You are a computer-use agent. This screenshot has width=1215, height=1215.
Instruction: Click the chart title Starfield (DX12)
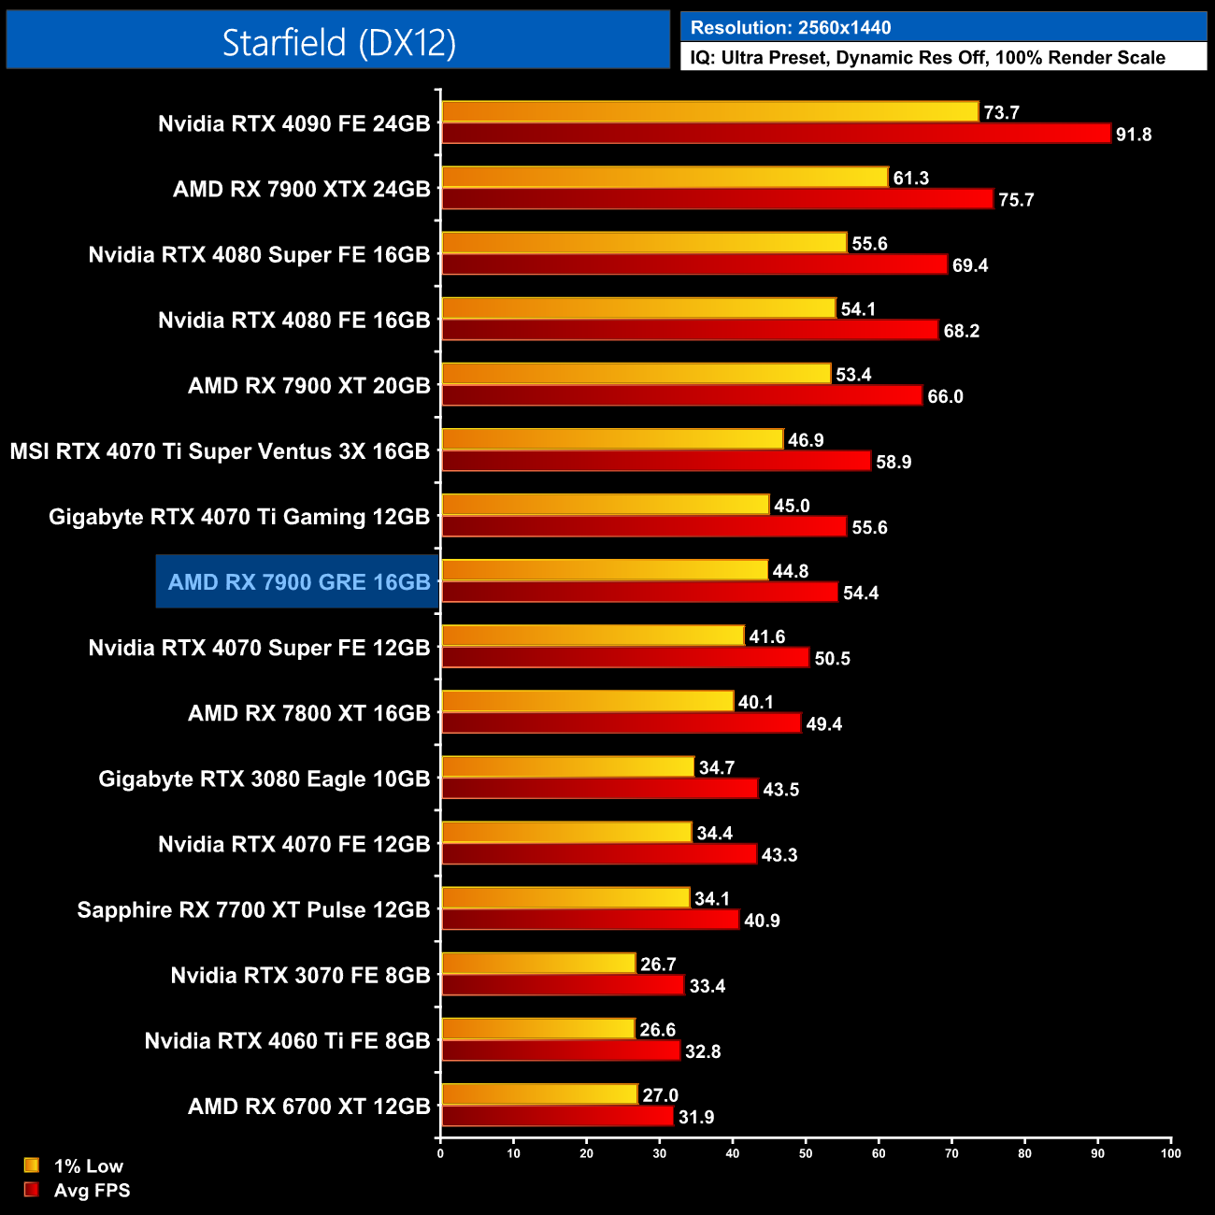click(338, 42)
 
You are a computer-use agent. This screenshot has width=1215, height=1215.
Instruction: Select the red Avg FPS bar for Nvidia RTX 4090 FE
click(776, 134)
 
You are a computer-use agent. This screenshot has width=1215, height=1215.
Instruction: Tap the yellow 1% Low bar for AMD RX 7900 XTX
click(664, 178)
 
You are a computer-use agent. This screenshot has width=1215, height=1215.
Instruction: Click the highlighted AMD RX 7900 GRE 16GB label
click(299, 582)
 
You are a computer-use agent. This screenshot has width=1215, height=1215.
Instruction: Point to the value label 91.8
click(1133, 135)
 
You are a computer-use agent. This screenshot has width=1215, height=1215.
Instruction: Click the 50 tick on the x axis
click(806, 1153)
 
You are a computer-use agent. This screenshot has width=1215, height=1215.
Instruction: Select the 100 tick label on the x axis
click(1170, 1153)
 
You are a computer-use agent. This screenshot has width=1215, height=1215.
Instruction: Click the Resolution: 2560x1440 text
click(791, 28)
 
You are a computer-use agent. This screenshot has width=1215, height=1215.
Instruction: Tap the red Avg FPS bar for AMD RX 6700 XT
click(557, 1117)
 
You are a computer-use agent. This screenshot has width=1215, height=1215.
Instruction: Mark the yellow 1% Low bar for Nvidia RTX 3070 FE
click(538, 964)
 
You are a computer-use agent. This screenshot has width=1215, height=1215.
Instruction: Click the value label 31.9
click(695, 1118)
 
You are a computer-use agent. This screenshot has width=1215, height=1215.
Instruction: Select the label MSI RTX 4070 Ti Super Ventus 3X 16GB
click(220, 451)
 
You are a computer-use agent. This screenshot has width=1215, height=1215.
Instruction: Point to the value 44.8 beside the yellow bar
click(790, 571)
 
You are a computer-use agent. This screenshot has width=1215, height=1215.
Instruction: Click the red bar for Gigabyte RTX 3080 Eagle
click(599, 789)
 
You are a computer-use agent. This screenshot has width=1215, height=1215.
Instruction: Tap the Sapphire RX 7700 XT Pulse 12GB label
click(253, 910)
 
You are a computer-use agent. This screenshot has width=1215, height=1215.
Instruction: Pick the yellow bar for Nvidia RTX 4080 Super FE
click(644, 243)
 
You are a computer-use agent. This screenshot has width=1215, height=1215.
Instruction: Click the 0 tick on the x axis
click(440, 1153)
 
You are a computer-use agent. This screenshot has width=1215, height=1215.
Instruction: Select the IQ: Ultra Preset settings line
click(927, 58)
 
